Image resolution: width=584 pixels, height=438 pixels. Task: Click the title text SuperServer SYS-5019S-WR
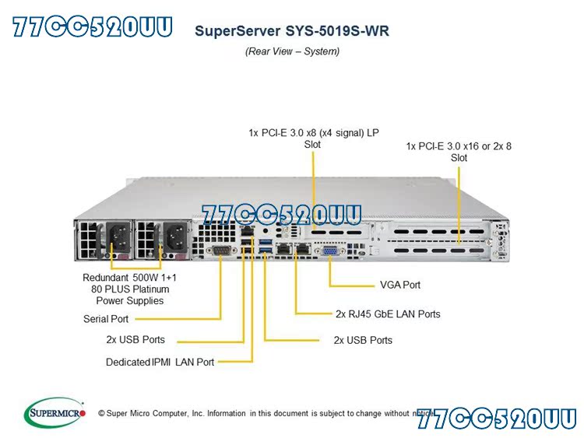pyautogui.click(x=291, y=32)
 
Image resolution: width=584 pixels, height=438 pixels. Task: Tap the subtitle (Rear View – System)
pyautogui.click(x=292, y=51)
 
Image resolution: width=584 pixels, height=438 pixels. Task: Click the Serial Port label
pyautogui.click(x=106, y=319)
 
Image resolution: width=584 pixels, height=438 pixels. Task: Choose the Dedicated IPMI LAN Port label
pyautogui.click(x=160, y=362)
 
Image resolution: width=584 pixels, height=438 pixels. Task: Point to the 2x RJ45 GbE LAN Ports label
pyautogui.click(x=388, y=314)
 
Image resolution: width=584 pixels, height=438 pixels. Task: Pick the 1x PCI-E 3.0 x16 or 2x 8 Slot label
pyautogui.click(x=459, y=151)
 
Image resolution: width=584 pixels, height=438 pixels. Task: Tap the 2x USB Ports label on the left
pyautogui.click(x=135, y=340)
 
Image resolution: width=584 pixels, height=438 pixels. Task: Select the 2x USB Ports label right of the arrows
pyautogui.click(x=363, y=340)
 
